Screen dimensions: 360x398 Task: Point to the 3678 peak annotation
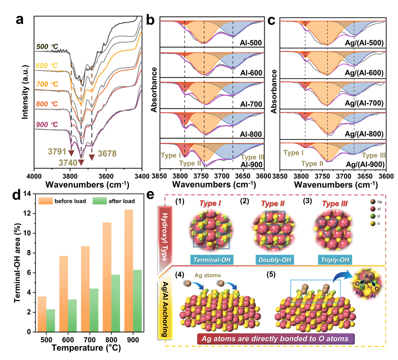(x=107, y=154)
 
